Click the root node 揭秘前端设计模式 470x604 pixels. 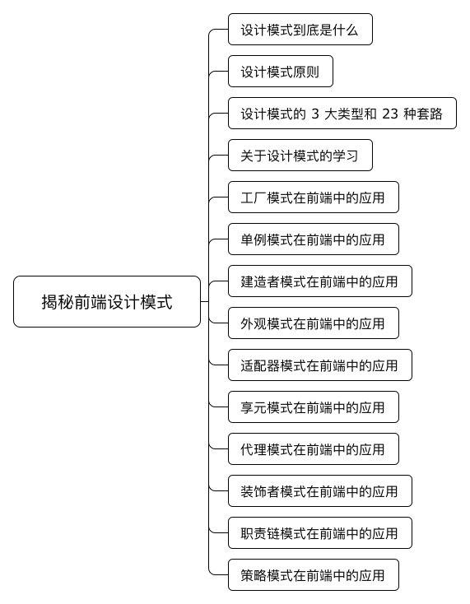(x=107, y=302)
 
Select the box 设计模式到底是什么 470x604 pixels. (x=300, y=30)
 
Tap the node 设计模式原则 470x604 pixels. (x=281, y=72)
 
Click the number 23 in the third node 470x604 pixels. (x=390, y=114)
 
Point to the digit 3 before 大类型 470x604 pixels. (x=315, y=114)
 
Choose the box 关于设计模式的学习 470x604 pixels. (x=300, y=156)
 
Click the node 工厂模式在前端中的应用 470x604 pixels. (x=314, y=197)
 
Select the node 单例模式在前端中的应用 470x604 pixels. (x=314, y=239)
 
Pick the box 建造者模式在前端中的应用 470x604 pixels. (x=319, y=281)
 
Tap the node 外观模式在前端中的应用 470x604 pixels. (x=314, y=323)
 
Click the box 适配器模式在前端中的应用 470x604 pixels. (x=319, y=365)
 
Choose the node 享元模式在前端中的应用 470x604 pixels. (x=314, y=407)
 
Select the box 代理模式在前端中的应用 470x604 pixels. (x=314, y=449)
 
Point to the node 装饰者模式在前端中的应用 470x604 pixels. (x=319, y=491)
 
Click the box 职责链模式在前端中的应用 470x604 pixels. (x=319, y=533)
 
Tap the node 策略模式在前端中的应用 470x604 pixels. (x=314, y=575)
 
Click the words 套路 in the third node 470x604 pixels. (x=430, y=114)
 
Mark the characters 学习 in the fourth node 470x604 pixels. (x=346, y=156)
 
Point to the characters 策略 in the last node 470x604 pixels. (x=254, y=575)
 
